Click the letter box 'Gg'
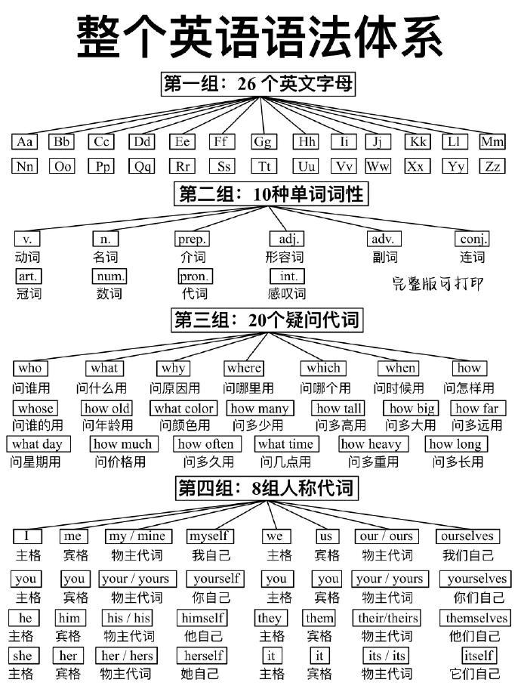coord(264,142)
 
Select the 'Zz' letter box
coord(492,167)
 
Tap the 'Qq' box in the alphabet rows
coord(142,167)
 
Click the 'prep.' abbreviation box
coord(192,239)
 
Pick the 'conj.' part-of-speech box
coord(472,239)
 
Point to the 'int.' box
coord(288,276)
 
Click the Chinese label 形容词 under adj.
coord(285,257)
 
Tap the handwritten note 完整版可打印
coord(438,283)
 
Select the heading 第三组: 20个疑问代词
coord(267,320)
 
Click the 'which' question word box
coord(323,369)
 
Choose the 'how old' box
coord(106,408)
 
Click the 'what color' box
coord(183,408)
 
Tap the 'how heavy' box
coord(374,444)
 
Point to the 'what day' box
coord(38,444)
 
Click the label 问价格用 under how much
coord(120,462)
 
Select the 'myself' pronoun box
coord(210,536)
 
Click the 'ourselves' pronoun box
coord(467,536)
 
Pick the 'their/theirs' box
coord(387,618)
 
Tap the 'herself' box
coord(203,656)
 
